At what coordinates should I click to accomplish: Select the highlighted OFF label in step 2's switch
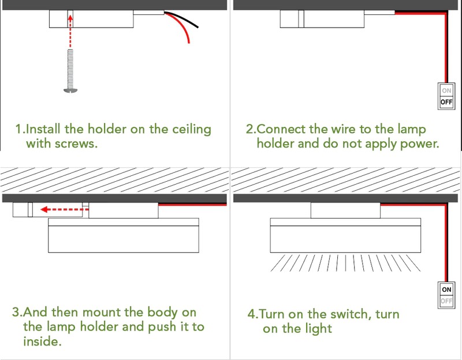(x=446, y=102)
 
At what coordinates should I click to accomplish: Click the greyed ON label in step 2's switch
(x=446, y=91)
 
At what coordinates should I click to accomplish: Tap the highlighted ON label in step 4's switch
(x=446, y=288)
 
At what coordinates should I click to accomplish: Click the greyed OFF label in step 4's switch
(x=446, y=301)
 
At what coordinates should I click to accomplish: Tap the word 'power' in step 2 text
(x=418, y=143)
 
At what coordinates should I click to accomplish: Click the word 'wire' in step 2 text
(x=342, y=129)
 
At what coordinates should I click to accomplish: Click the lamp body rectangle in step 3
(x=124, y=238)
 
